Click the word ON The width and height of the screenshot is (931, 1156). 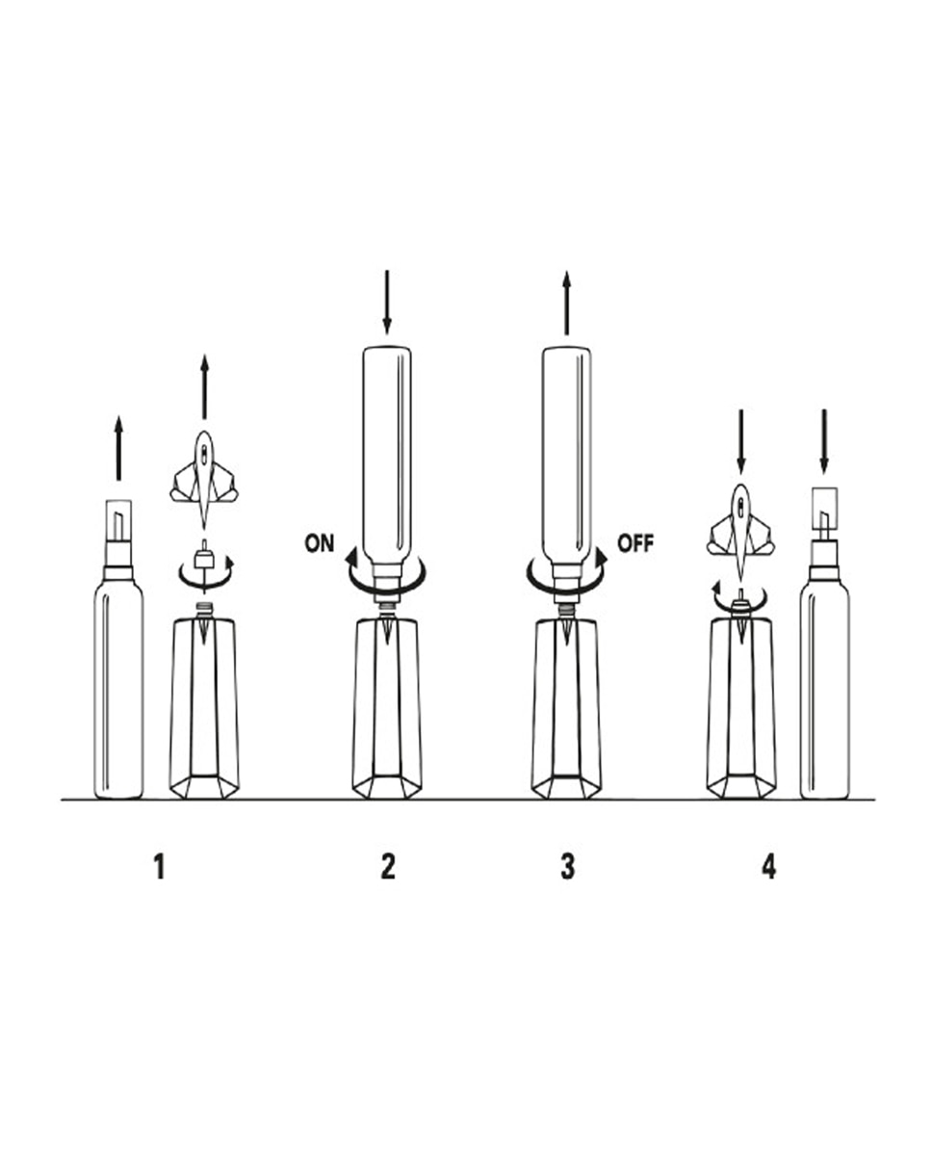(x=320, y=543)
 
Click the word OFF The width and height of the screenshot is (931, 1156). (x=635, y=543)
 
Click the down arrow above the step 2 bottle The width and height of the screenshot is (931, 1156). (x=387, y=302)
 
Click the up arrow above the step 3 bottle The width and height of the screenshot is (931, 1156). (x=566, y=303)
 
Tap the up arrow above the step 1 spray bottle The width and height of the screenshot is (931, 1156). (x=118, y=448)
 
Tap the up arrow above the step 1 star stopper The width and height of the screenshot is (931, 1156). (x=204, y=386)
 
